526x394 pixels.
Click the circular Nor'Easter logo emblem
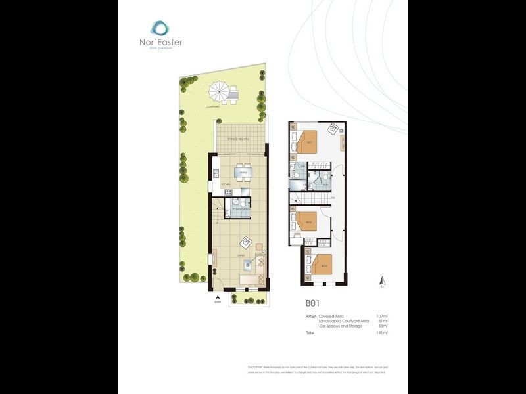[x=160, y=28]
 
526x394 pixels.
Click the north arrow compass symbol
[x=381, y=283]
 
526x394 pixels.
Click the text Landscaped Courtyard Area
[x=343, y=320]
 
